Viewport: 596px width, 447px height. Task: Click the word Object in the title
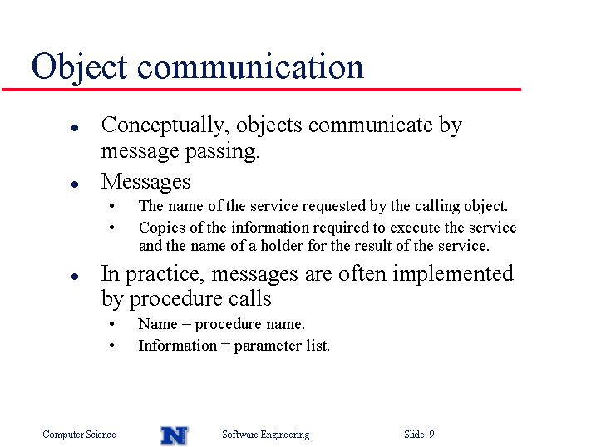point(79,67)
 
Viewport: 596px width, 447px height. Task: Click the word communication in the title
point(250,66)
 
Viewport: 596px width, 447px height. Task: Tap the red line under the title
point(261,90)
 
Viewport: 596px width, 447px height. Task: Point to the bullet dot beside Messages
point(75,184)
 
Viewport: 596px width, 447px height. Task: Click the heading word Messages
point(146,182)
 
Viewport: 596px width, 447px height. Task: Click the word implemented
point(453,273)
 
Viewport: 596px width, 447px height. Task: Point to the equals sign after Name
point(186,324)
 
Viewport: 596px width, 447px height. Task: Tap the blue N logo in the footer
point(175,435)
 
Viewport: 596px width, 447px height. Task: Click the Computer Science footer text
point(79,435)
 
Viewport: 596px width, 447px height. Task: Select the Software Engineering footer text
point(266,435)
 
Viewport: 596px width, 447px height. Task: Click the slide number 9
point(431,434)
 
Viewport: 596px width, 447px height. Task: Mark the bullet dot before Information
point(111,346)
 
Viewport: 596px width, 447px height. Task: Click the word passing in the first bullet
point(222,152)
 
